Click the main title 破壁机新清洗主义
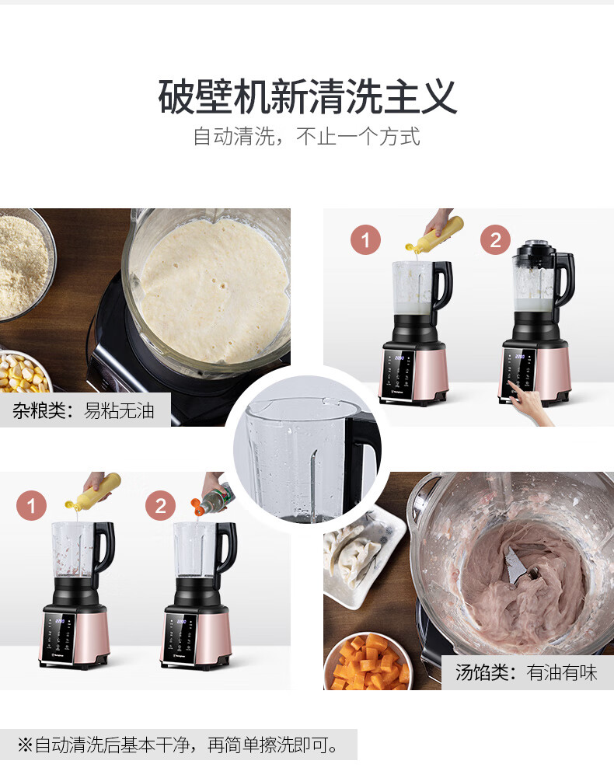(307, 96)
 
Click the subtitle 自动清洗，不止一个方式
(307, 137)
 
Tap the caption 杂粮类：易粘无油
(83, 410)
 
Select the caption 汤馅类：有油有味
(526, 672)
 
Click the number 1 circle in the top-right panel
(365, 239)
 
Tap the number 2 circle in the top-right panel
(495, 239)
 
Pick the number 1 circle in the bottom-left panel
(31, 506)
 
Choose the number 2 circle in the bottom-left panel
(160, 506)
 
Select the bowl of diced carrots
(368, 662)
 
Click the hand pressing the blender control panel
(530, 405)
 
